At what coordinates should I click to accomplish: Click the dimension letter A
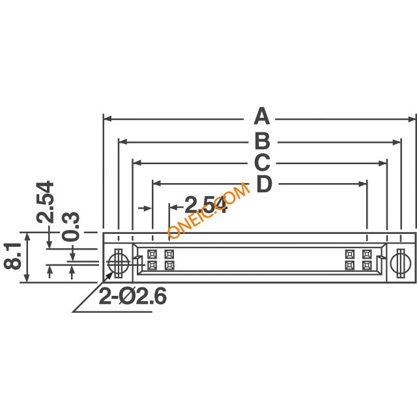click(x=261, y=117)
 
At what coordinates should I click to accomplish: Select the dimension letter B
click(x=261, y=140)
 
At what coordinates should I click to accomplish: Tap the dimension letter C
click(x=262, y=162)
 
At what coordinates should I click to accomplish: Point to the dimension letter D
click(x=263, y=185)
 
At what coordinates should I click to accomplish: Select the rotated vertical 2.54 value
click(x=46, y=203)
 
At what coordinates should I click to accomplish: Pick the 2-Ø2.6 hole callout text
click(x=133, y=296)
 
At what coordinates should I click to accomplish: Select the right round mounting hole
click(x=400, y=263)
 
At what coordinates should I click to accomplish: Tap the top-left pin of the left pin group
click(x=152, y=254)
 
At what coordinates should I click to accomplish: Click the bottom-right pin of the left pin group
click(x=169, y=266)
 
